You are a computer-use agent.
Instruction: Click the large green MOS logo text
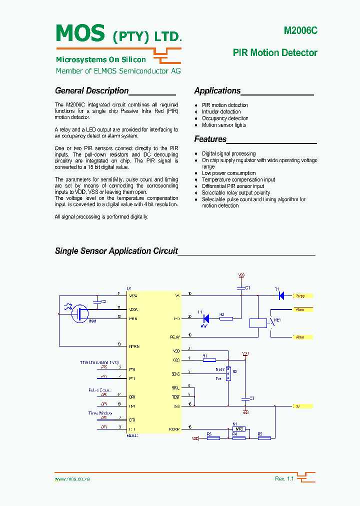pyautogui.click(x=80, y=33)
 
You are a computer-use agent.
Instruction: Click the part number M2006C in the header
pyautogui.click(x=300, y=30)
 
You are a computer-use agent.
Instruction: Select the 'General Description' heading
pyautogui.click(x=92, y=91)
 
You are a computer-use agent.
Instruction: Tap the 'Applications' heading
pyautogui.click(x=217, y=91)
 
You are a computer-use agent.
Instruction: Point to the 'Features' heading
pyautogui.click(x=210, y=139)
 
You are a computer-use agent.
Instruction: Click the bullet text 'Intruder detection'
pyautogui.click(x=221, y=112)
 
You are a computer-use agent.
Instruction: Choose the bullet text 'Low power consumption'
pyautogui.click(x=228, y=173)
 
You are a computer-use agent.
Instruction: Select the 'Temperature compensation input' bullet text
pyautogui.click(x=238, y=180)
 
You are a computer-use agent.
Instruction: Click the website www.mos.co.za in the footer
pyautogui.click(x=72, y=479)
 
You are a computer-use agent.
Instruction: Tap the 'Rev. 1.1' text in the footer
pyautogui.click(x=284, y=479)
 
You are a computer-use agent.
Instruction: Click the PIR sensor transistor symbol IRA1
pyautogui.click(x=80, y=313)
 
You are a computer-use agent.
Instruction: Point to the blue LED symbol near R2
pyautogui.click(x=205, y=318)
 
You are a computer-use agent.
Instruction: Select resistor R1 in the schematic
pyautogui.click(x=209, y=359)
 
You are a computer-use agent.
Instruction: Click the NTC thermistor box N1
pyautogui.click(x=239, y=429)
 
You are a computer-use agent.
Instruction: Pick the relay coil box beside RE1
pyautogui.click(x=258, y=322)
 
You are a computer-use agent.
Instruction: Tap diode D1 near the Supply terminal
pyautogui.click(x=281, y=295)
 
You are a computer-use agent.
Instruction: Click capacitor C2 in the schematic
pyautogui.click(x=97, y=301)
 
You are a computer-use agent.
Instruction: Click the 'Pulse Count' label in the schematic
pyautogui.click(x=99, y=390)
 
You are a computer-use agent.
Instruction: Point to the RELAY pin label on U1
pyautogui.click(x=174, y=337)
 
